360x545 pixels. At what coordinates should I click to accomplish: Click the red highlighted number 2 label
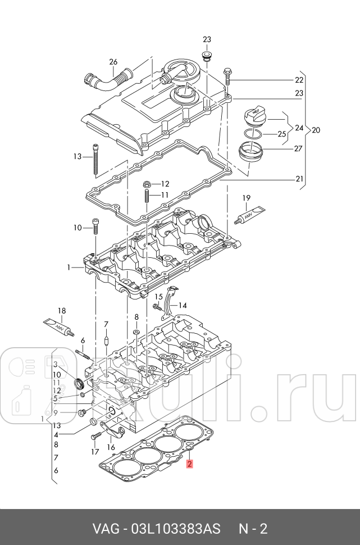tap(190, 464)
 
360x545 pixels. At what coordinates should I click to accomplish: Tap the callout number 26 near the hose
tap(113, 62)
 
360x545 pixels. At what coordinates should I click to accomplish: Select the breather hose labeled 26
tap(104, 80)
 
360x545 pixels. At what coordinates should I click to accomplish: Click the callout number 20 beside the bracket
tap(316, 130)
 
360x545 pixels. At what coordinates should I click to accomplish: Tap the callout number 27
tap(298, 149)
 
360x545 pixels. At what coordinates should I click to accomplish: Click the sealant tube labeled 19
tap(247, 215)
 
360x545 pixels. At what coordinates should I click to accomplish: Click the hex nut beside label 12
tap(146, 184)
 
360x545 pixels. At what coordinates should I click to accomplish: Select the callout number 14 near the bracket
tap(183, 306)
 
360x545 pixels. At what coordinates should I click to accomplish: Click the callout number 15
tap(159, 296)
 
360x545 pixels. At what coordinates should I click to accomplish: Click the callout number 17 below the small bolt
tap(94, 452)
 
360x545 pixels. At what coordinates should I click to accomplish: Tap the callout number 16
tap(111, 447)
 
